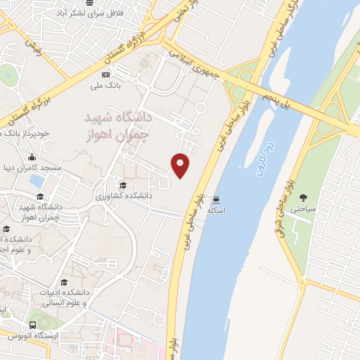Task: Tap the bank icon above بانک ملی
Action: [x=106, y=75]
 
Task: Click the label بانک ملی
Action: [x=106, y=86]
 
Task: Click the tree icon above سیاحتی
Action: [x=304, y=198]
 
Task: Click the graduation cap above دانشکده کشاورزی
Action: [x=123, y=185]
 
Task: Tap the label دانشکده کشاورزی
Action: [x=122, y=196]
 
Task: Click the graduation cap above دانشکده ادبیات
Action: [x=65, y=281]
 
